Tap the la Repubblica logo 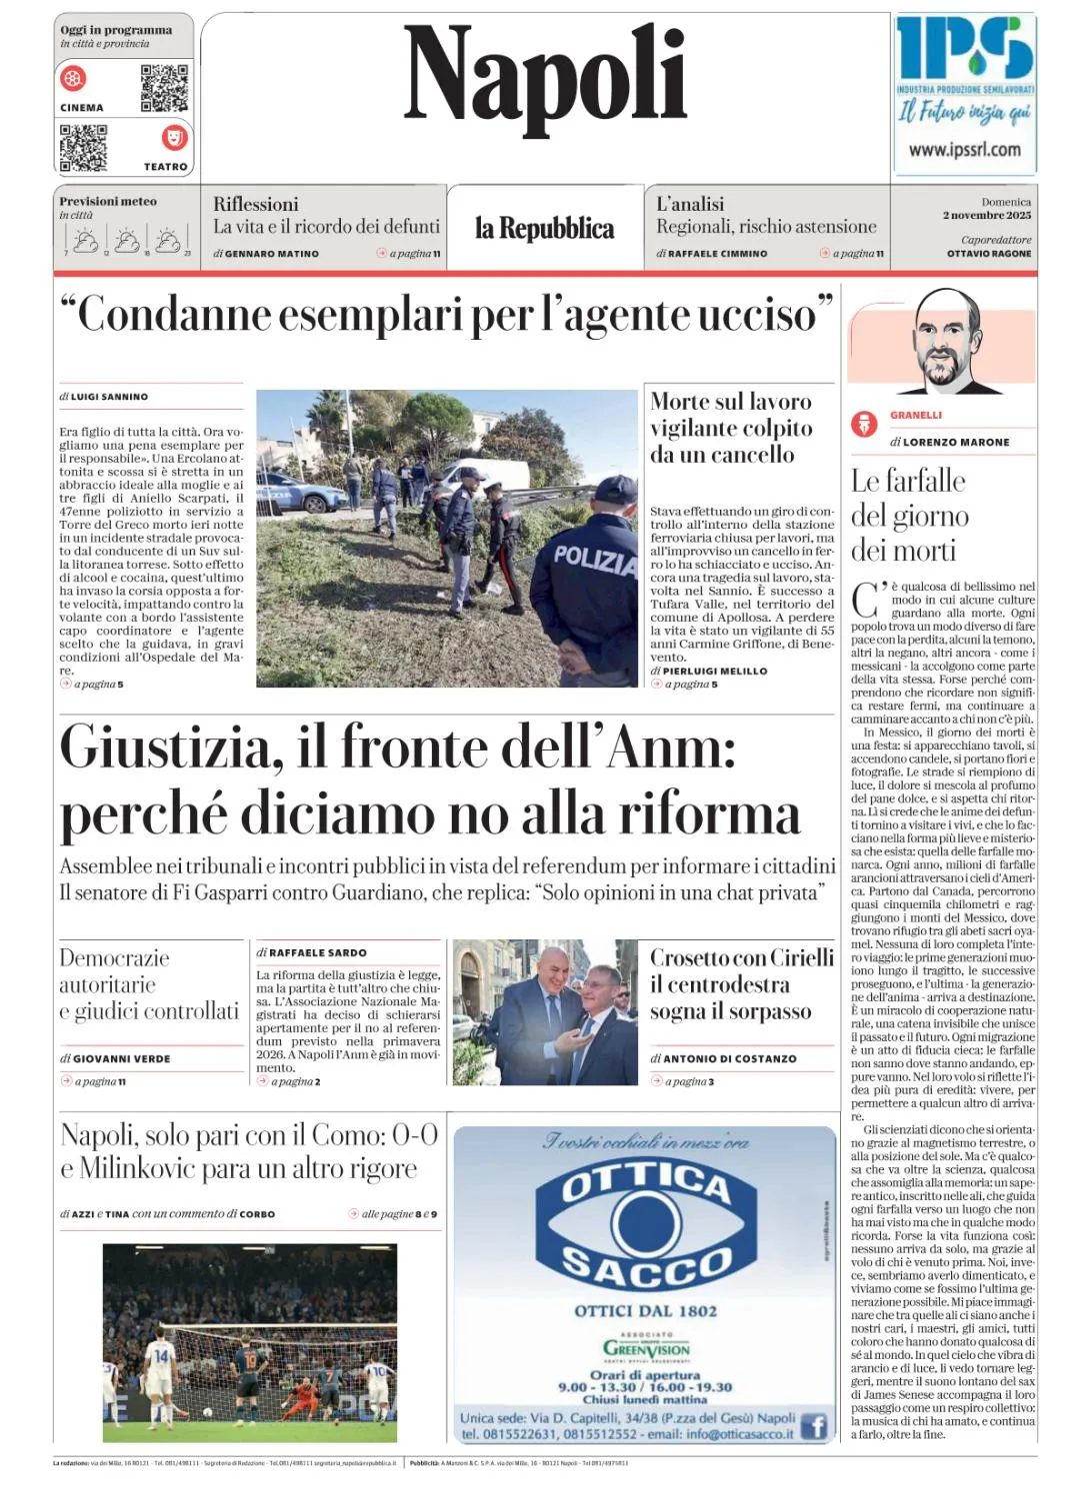(x=544, y=229)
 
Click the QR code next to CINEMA (x=164, y=88)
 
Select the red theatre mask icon (x=174, y=137)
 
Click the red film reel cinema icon (x=74, y=78)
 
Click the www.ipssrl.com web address (x=964, y=150)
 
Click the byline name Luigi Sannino (x=109, y=397)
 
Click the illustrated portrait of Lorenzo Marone (x=944, y=341)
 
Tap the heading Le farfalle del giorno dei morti (x=909, y=515)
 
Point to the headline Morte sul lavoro (x=731, y=402)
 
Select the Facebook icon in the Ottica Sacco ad (x=814, y=1426)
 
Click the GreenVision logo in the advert (x=646, y=1349)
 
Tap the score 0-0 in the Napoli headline (x=414, y=1135)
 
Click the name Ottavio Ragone (x=989, y=254)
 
